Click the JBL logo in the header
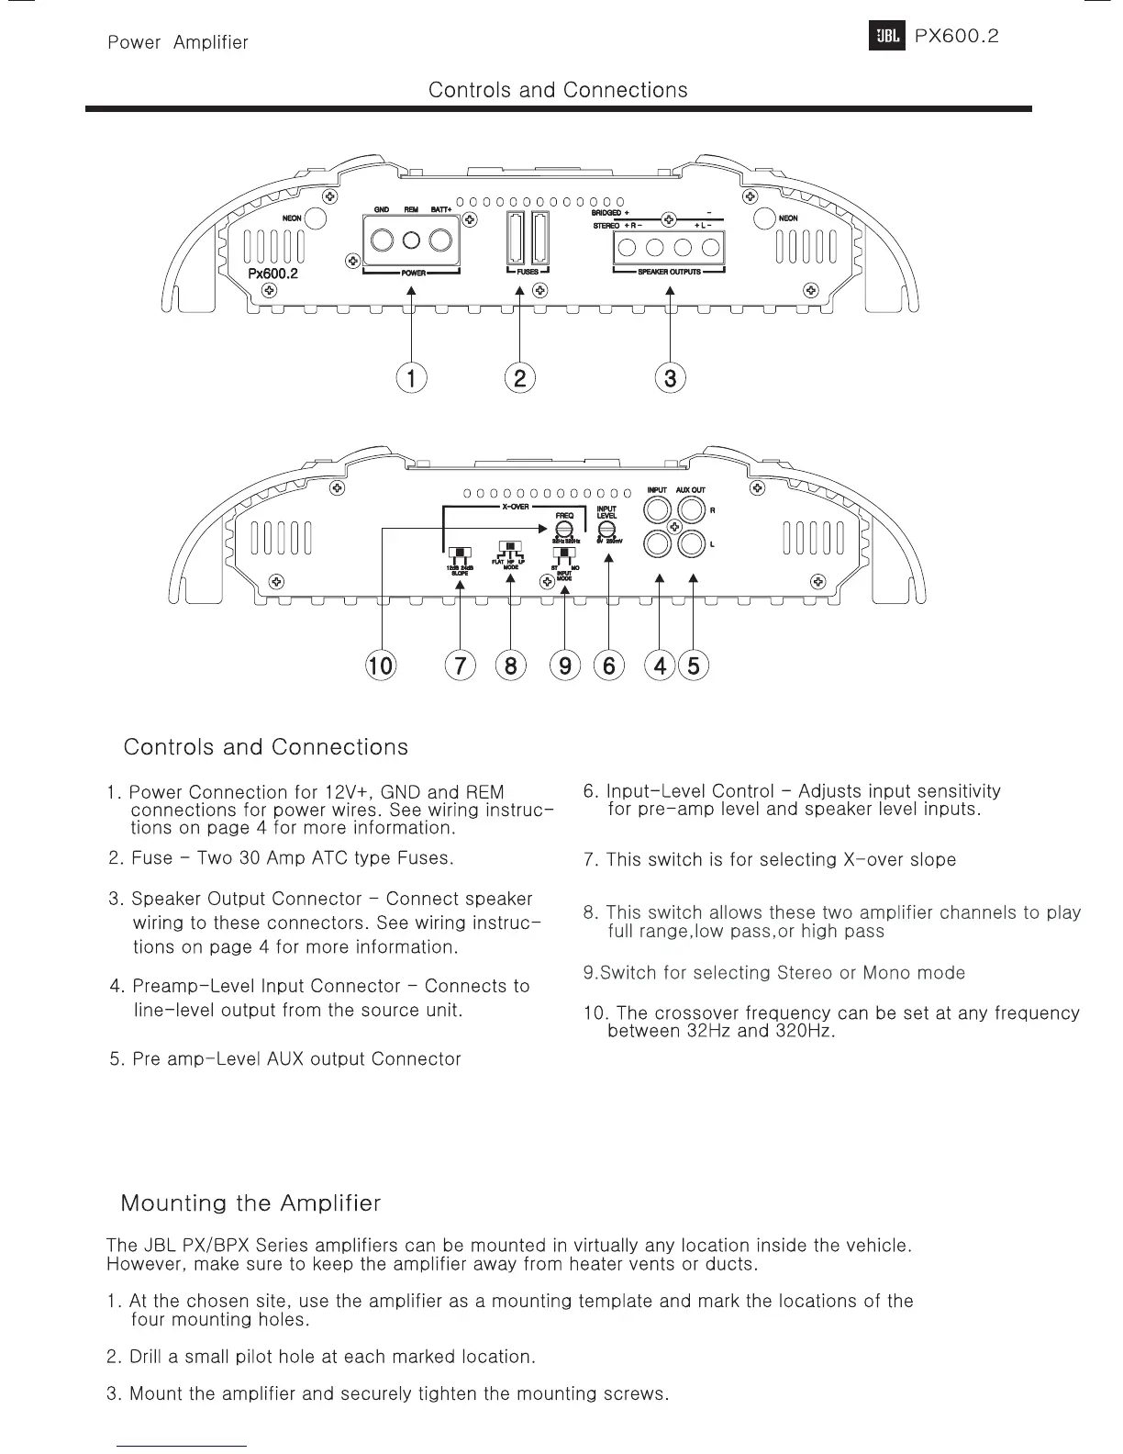886,38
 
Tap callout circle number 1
412,377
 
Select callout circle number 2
520,377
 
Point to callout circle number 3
671,377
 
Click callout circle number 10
380,665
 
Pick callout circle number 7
460,665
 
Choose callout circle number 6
608,665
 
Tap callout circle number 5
694,665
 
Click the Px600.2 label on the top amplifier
273,274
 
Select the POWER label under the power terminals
412,273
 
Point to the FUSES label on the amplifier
528,273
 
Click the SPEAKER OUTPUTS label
669,273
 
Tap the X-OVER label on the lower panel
515,508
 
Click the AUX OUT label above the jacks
691,490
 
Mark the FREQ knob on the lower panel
564,530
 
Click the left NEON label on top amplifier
292,218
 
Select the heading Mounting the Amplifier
250,1202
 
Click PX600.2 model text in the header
956,37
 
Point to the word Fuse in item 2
152,858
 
